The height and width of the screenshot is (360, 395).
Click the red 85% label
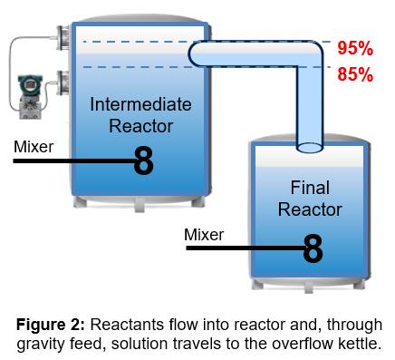coord(355,73)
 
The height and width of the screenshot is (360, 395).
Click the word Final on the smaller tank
coord(310,189)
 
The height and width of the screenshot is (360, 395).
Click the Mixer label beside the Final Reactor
coord(204,235)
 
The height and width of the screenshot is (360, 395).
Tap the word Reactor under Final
coord(310,209)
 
